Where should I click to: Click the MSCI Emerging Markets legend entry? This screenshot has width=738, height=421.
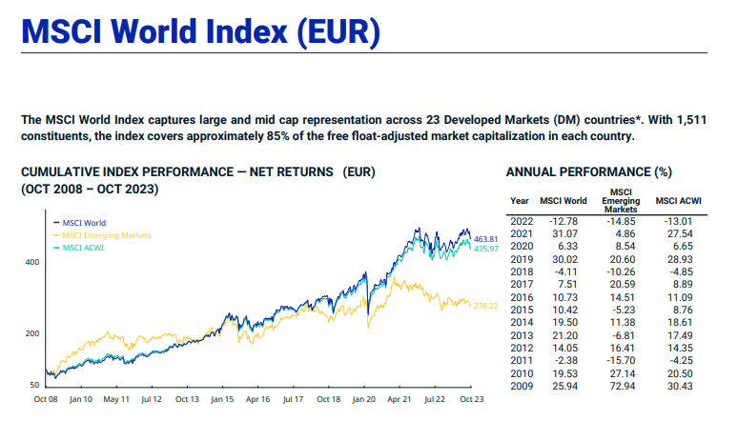pos(107,235)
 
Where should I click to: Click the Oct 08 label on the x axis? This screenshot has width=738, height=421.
pos(46,400)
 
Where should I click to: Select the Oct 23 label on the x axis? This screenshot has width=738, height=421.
pos(473,400)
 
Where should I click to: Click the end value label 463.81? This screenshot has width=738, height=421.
pos(486,238)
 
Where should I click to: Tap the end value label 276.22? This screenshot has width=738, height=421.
pos(486,305)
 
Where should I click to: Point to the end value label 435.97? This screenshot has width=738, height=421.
pos(486,249)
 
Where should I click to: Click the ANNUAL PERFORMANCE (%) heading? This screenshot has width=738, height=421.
pos(588,172)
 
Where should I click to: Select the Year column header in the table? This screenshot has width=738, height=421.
pos(520,201)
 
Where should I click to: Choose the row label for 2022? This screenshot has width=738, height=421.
pos(522,221)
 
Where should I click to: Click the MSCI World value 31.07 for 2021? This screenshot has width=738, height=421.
pos(564,233)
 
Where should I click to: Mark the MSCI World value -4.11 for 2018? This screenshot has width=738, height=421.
pos(566,271)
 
